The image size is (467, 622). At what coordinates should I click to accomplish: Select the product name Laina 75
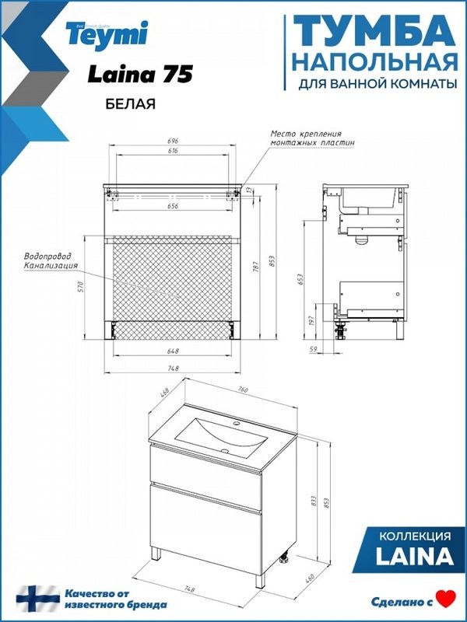pyautogui.click(x=139, y=74)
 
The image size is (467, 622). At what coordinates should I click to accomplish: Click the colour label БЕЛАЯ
pyautogui.click(x=125, y=103)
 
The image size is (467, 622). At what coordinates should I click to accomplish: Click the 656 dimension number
pyautogui.click(x=173, y=206)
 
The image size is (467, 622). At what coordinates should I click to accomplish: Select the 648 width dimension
pyautogui.click(x=173, y=351)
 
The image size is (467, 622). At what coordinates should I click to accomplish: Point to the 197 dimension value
pyautogui.click(x=312, y=321)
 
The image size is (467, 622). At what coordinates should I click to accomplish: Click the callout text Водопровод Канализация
pyautogui.click(x=51, y=261)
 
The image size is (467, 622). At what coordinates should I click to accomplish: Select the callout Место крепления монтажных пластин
pyautogui.click(x=312, y=138)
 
